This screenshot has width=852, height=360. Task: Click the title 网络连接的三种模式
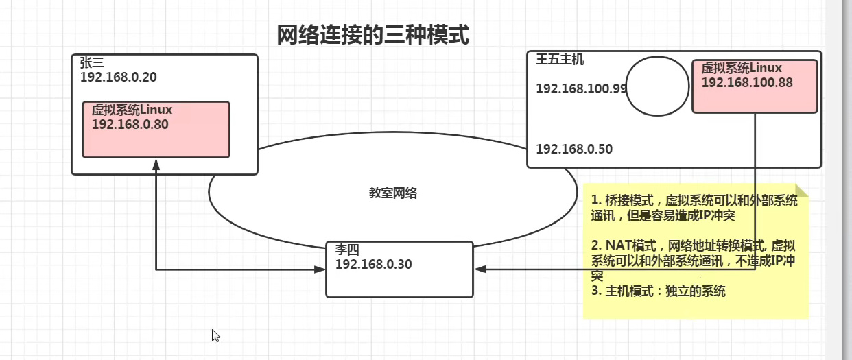point(372,34)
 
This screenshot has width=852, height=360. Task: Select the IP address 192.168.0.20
point(118,77)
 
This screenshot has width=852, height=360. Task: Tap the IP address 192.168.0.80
point(130,124)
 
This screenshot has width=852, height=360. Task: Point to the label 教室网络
point(392,193)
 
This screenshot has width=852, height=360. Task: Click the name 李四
point(347,250)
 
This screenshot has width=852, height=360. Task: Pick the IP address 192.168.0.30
point(373,265)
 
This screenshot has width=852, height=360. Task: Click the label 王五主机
point(560,60)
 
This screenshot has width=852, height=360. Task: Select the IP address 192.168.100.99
point(581,88)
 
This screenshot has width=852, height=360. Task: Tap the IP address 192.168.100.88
point(747,82)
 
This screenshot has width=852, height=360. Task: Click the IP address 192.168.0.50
point(574,149)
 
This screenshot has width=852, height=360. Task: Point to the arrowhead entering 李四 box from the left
point(320,269)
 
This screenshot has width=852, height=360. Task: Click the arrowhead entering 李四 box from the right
point(480,269)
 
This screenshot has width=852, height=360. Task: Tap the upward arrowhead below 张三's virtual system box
point(156,164)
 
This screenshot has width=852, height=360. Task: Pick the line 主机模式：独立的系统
point(658,291)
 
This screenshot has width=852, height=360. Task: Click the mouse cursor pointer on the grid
point(215,335)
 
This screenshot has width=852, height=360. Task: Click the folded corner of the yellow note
point(801,191)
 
